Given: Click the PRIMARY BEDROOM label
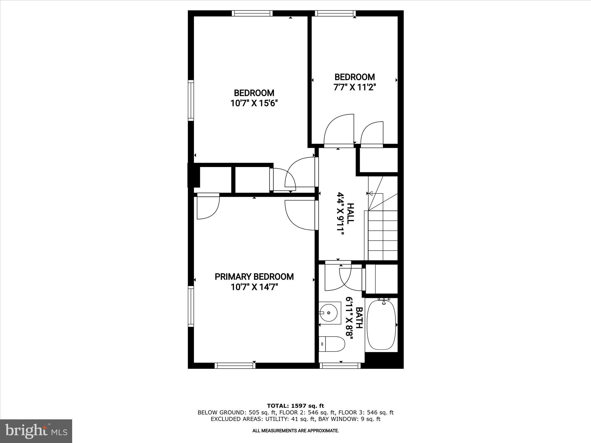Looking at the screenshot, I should coord(254,277).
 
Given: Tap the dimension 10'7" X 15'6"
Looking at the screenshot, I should coord(254,103).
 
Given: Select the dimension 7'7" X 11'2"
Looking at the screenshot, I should coord(355,87).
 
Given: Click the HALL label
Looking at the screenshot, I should coord(350,214).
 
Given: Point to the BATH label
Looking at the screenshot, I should coord(359,318).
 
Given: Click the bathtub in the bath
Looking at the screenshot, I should coord(381,325).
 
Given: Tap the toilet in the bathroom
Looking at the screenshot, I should coord(332,344).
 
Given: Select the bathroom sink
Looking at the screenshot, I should coord(329,313).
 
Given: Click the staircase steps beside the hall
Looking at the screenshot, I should coord(383,235).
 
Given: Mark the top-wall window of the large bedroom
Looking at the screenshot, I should coord(252,13).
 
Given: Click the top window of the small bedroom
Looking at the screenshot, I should coord(335,13).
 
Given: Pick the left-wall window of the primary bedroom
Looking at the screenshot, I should coord(191,306).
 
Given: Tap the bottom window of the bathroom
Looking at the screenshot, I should coord(340,366).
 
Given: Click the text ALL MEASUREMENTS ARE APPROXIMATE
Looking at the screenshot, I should coord(295,431).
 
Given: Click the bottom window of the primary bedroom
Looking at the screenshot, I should coord(235,366).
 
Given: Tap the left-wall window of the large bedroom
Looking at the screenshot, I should coord(191,100).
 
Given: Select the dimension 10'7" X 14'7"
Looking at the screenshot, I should coord(254,287).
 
